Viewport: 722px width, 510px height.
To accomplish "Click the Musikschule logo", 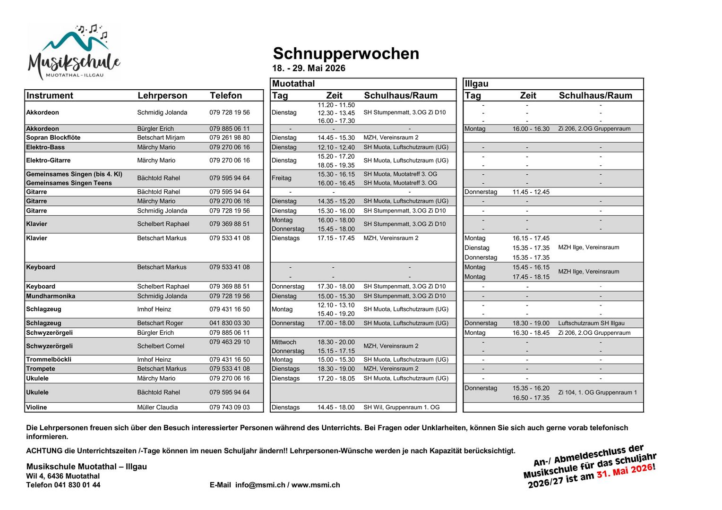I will [x=74, y=52].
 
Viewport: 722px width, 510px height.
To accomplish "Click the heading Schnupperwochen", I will [x=346, y=54].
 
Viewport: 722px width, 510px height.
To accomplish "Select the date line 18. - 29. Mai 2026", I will [x=309, y=68].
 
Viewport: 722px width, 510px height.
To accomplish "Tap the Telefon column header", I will [x=226, y=95].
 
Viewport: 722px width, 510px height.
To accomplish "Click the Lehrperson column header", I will [x=162, y=95].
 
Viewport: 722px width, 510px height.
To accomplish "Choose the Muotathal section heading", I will [x=293, y=84].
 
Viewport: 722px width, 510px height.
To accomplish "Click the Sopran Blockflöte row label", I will [x=53, y=137].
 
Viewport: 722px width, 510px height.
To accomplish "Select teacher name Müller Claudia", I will [x=157, y=407].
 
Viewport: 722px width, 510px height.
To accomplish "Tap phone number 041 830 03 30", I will [x=230, y=323].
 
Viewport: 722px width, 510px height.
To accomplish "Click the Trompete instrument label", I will [x=41, y=369].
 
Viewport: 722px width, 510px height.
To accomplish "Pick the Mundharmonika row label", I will [x=51, y=296].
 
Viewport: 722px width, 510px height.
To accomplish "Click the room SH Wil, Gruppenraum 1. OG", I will [x=401, y=407].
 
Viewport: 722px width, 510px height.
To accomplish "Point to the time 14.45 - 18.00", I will [x=336, y=407].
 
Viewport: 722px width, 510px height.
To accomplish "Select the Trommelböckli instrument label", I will [x=49, y=359].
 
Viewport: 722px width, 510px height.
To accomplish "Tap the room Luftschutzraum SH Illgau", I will [x=591, y=323].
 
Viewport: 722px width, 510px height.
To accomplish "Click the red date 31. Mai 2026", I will [x=624, y=471].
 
